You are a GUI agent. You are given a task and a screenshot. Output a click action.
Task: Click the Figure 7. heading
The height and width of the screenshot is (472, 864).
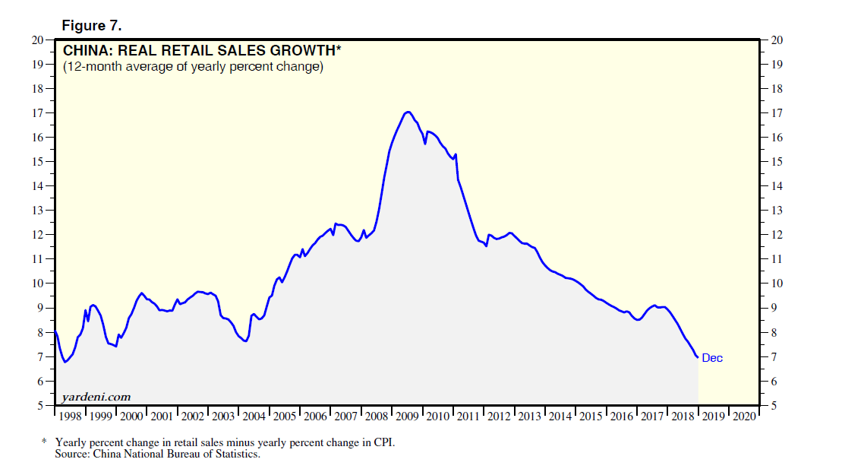[91, 26]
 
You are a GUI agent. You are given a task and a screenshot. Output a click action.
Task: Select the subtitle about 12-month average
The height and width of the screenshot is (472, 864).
[193, 67]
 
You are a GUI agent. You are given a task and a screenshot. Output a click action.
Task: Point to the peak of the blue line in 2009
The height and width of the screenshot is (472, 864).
[408, 112]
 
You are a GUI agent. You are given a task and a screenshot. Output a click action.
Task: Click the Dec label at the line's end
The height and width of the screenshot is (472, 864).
[712, 358]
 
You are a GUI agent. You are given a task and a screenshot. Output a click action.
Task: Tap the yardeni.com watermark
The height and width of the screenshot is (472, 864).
[96, 397]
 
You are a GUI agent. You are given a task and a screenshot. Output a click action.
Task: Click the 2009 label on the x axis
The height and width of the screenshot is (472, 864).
[408, 417]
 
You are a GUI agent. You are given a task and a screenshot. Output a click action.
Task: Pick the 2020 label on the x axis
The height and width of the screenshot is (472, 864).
[744, 417]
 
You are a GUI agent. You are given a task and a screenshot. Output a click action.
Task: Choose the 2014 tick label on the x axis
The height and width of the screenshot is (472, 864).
[560, 417]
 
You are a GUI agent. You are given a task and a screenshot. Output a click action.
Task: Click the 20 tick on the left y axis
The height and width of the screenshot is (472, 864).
[37, 40]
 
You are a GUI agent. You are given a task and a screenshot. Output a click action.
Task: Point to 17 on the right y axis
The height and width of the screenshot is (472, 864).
[776, 112]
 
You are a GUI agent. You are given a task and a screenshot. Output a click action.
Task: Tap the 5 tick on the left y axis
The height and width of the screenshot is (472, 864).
[40, 405]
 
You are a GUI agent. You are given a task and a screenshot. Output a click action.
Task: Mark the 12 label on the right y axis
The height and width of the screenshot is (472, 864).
[776, 235]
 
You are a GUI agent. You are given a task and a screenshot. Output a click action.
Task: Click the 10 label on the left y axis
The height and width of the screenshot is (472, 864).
[37, 284]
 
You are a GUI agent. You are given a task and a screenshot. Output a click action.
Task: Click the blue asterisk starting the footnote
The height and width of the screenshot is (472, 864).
[44, 442]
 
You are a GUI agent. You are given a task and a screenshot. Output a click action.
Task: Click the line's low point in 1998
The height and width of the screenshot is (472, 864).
[65, 362]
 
